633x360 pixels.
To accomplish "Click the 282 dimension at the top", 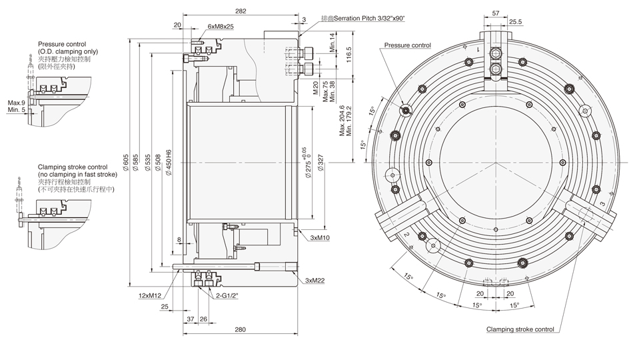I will [x=241, y=11].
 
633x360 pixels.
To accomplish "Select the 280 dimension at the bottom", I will [x=241, y=329].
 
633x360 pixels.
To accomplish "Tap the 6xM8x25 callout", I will [x=220, y=26].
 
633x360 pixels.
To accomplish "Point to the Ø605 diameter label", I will [x=126, y=162].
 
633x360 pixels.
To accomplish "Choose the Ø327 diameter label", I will [x=320, y=162].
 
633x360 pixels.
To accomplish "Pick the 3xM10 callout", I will [x=321, y=237].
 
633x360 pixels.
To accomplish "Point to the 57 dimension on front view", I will [x=496, y=13].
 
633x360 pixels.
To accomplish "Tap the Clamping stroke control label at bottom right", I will [x=520, y=329].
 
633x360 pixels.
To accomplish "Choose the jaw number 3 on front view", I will [x=602, y=203].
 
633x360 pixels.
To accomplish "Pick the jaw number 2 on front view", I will [x=404, y=235].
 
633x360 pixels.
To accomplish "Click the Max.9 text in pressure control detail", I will [x=16, y=103].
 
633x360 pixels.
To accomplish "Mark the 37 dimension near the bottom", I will [x=190, y=319].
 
